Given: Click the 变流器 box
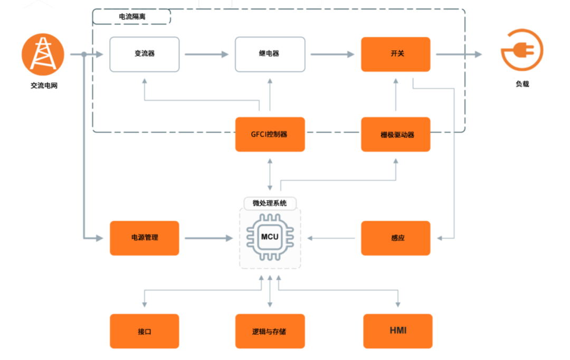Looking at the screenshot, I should click(x=144, y=54).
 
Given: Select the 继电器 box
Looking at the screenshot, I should click(x=270, y=54).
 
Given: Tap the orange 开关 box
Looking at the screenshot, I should click(x=395, y=54).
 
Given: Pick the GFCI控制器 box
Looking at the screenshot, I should click(x=270, y=134).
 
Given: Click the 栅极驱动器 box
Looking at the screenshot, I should click(x=395, y=134).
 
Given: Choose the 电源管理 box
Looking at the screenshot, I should click(x=144, y=238).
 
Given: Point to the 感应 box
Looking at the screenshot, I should click(x=395, y=238).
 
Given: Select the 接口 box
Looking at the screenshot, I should click(x=144, y=331).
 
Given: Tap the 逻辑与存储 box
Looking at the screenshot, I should click(x=270, y=331).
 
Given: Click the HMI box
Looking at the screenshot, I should click(x=397, y=331).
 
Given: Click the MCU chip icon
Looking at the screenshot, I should click(x=270, y=237).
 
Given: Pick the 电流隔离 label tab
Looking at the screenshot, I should click(x=131, y=17).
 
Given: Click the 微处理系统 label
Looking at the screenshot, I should click(x=270, y=203).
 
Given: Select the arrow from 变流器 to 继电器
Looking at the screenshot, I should click(x=207, y=54).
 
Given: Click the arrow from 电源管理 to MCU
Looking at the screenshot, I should click(x=208, y=238).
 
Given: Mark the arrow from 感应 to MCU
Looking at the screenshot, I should click(x=332, y=238).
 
